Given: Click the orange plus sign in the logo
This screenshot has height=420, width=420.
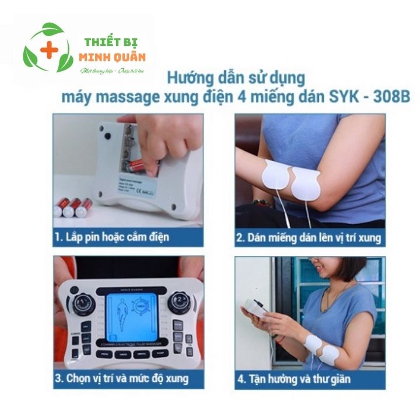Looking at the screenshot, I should click(x=49, y=51).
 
